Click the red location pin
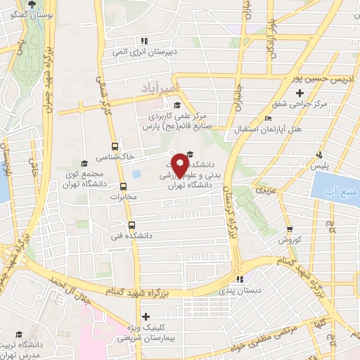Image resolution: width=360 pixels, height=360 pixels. click(x=180, y=165)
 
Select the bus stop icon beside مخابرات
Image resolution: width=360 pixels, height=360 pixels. click(x=124, y=187)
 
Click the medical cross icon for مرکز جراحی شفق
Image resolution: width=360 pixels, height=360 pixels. click(x=300, y=93)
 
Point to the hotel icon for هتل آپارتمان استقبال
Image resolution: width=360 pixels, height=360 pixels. click(x=269, y=119)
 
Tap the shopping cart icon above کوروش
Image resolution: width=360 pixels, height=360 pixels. click(x=289, y=229)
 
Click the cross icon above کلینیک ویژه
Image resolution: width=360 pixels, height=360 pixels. click(x=146, y=317)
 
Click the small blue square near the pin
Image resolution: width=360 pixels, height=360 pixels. click(x=136, y=173)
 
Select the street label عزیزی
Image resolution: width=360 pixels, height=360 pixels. click(x=261, y=190)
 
